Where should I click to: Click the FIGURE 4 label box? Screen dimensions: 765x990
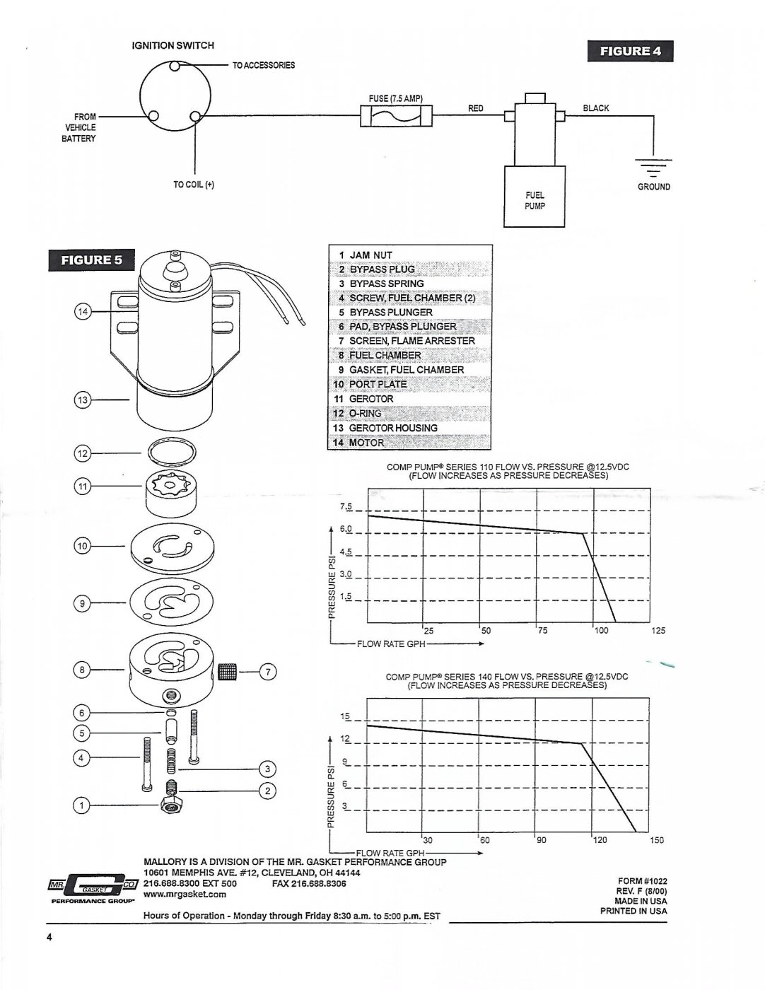(x=630, y=51)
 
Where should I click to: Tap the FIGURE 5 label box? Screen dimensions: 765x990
(x=91, y=260)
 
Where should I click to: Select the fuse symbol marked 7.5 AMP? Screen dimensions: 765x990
(x=396, y=116)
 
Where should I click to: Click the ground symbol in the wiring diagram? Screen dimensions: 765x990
(x=653, y=167)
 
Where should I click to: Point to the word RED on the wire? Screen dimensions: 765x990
(x=475, y=108)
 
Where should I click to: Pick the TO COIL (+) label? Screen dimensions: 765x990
(x=194, y=185)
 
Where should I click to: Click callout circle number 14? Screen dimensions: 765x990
(x=83, y=312)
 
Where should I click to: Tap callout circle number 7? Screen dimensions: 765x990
(x=268, y=672)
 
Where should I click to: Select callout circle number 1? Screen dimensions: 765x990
(x=81, y=805)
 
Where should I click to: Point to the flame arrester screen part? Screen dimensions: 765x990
(x=228, y=671)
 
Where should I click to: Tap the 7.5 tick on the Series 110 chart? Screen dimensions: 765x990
(x=346, y=506)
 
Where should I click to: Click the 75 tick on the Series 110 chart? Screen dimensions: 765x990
(x=542, y=631)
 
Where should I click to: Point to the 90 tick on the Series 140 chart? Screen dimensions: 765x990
(x=541, y=840)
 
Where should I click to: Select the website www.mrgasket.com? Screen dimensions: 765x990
(x=185, y=894)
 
